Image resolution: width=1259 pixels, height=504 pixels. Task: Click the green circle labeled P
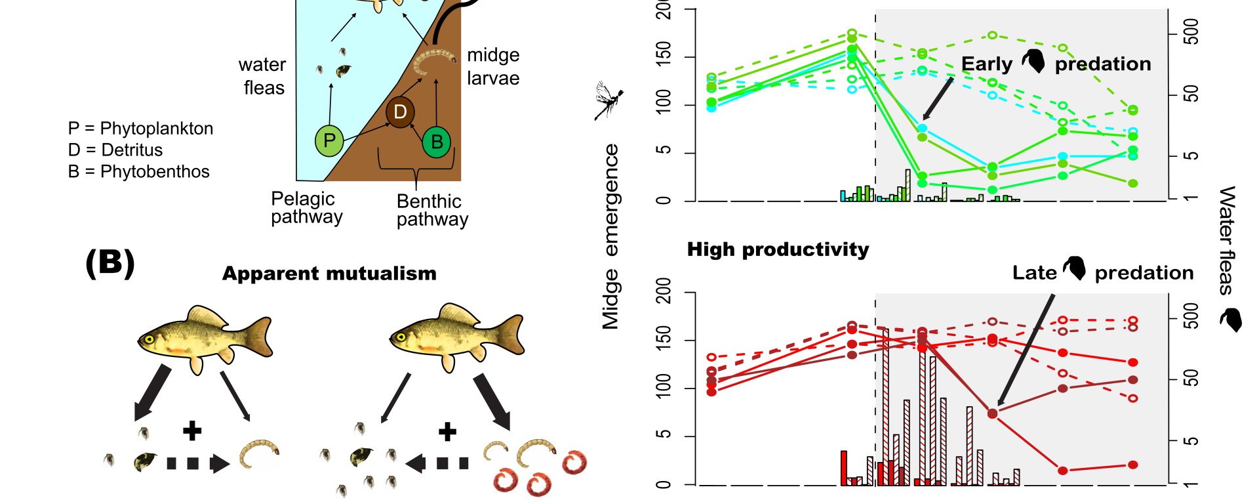[x=329, y=140]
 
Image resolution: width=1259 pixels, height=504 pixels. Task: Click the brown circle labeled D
[x=400, y=112]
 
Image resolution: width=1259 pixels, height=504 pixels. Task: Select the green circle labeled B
[x=437, y=142]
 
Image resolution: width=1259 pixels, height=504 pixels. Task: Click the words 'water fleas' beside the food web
[x=263, y=76]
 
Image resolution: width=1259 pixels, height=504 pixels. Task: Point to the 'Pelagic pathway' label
[x=306, y=207]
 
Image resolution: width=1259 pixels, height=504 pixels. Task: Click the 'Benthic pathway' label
[x=432, y=210]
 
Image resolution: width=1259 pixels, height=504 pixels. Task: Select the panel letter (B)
[x=110, y=263]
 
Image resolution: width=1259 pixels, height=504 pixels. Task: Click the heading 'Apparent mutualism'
[x=329, y=274]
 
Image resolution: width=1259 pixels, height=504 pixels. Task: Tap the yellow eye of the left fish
[x=150, y=339]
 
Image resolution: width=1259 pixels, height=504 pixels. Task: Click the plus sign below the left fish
[x=192, y=431]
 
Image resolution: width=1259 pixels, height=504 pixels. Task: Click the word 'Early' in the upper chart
[x=986, y=64]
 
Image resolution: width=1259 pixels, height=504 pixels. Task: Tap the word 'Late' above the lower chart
[x=1034, y=273]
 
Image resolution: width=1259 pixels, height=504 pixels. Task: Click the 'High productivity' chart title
[x=778, y=250]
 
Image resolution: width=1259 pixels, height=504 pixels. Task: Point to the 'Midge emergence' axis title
[x=611, y=236]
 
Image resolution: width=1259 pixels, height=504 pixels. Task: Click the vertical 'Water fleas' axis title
[x=1227, y=240]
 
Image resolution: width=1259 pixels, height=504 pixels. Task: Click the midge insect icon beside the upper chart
[x=609, y=100]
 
